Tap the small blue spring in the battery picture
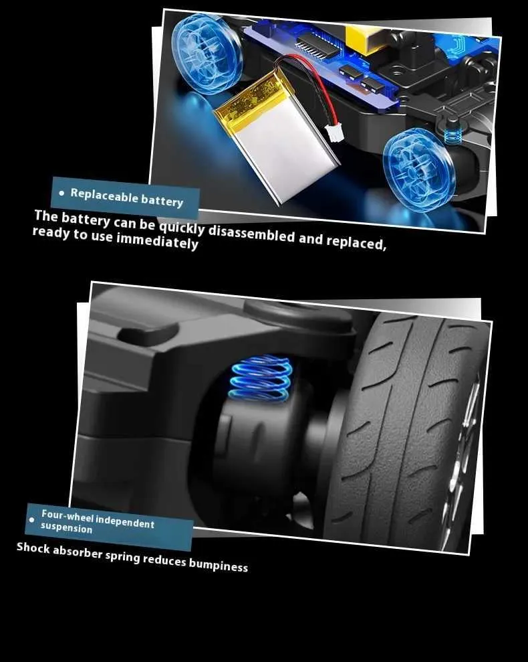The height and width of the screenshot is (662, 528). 452,136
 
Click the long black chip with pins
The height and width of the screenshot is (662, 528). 317,46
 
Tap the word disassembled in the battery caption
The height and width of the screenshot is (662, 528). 251,234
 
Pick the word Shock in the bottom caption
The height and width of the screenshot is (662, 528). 33,548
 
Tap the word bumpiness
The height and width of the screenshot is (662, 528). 218,565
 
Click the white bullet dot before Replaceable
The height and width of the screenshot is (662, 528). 62,193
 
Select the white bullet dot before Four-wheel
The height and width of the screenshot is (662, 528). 31,519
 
